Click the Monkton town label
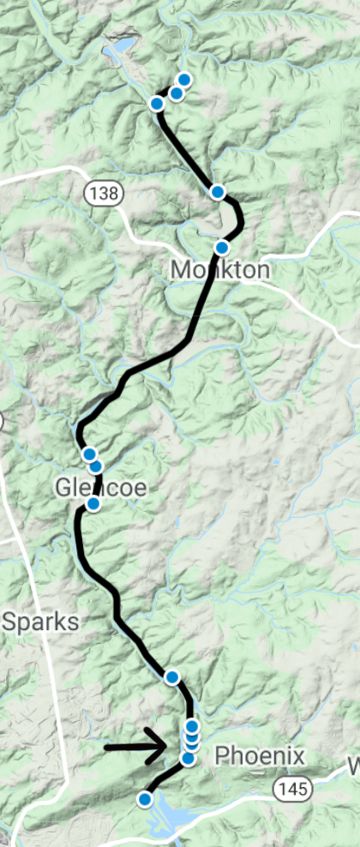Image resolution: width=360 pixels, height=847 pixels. point(219,270)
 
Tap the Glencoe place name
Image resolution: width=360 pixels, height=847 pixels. point(102,488)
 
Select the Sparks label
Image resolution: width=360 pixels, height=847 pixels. point(40,622)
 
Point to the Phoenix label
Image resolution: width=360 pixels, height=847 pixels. point(260,755)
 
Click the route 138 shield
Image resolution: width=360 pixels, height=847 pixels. point(102,193)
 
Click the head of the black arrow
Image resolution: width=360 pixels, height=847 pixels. point(162,747)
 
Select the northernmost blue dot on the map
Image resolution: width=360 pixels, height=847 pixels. point(183,80)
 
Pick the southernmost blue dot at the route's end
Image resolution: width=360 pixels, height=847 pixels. point(145,799)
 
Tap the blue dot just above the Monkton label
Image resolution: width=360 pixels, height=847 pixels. point(221,248)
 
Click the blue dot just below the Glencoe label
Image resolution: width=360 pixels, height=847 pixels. point(93,503)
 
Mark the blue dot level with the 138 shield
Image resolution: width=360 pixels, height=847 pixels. point(218,191)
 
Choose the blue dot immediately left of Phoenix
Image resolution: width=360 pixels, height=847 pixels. point(189,758)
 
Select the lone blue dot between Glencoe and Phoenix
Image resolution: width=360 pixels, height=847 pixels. point(172,677)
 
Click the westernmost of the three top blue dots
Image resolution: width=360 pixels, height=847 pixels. point(157,104)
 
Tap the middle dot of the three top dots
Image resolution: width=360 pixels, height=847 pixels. point(176,93)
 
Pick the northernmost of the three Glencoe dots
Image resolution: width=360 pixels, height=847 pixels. point(88,454)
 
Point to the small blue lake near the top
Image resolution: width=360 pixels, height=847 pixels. point(120,46)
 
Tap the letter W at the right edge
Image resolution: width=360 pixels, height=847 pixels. point(353,762)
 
